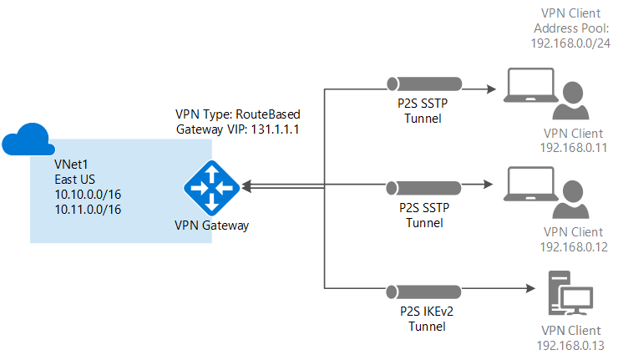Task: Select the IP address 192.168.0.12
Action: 572,247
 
